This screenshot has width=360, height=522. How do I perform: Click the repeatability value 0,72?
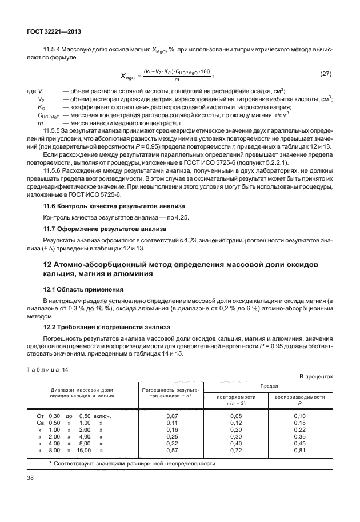coord(235,451)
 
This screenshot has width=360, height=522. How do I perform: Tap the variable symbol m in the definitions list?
coord(39,123)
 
